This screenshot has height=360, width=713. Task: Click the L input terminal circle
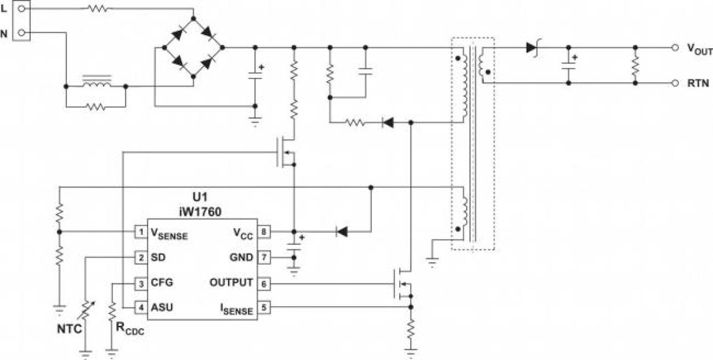click(22, 9)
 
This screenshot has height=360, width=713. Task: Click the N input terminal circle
click(22, 34)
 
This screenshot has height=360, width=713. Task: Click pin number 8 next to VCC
click(264, 232)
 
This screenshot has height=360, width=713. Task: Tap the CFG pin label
click(162, 282)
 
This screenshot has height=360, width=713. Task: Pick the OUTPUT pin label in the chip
click(231, 282)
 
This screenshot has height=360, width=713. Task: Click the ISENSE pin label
click(237, 308)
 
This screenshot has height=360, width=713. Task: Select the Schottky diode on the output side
click(532, 48)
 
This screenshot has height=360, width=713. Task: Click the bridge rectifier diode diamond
click(194, 48)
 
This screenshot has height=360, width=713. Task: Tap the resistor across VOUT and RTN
click(635, 66)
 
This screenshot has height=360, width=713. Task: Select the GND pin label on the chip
click(242, 257)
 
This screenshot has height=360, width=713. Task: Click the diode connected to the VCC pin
click(341, 232)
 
